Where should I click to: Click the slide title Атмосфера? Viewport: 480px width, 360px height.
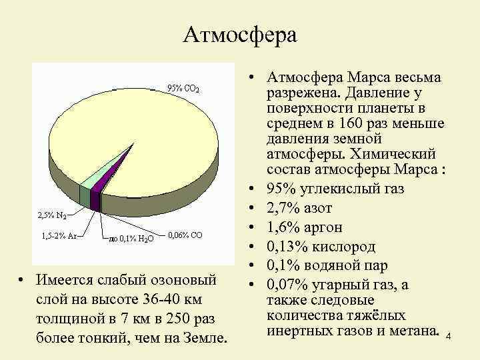tap(239, 34)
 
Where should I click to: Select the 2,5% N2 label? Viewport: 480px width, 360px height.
tap(51, 215)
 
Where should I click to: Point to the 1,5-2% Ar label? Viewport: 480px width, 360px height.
tap(57, 235)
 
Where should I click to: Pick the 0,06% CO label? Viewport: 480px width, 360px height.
tap(186, 235)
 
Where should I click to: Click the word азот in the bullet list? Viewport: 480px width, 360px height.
tap(325, 205)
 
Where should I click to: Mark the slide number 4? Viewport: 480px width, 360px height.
tap(449, 337)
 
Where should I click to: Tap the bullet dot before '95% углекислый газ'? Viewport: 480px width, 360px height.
tap(255, 189)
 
